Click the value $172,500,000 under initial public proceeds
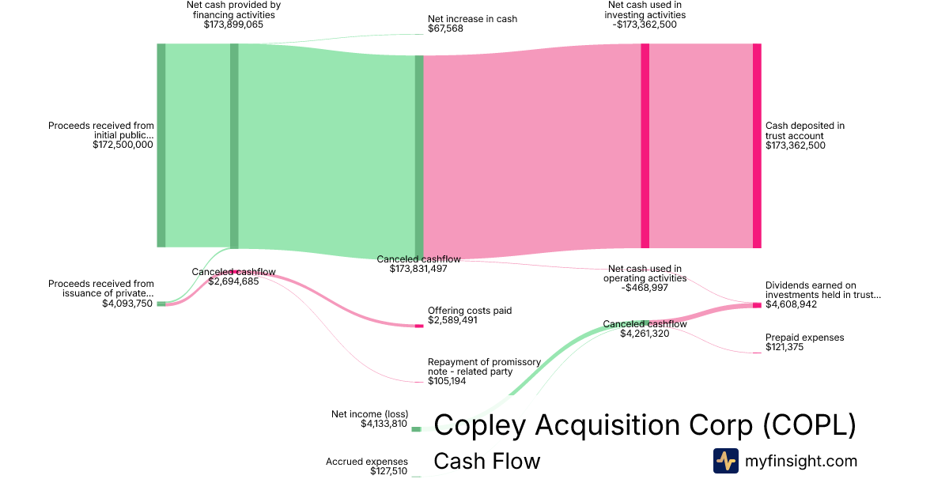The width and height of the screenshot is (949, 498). [x=123, y=145]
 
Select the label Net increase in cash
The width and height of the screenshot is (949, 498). [x=472, y=18]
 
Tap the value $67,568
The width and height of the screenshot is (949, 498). [x=445, y=28]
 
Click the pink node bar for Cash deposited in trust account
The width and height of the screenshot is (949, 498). [x=757, y=145]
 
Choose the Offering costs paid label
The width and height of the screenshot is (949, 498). [x=469, y=311]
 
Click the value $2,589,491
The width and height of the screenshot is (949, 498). [x=453, y=321]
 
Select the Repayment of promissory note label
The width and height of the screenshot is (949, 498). [x=484, y=367]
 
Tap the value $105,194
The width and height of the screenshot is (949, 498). [x=447, y=381]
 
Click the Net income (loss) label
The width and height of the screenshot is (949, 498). [x=369, y=413]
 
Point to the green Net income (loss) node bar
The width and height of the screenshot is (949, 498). [x=416, y=429]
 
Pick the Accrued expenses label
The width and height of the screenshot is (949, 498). [x=367, y=462]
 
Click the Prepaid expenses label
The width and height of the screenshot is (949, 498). [x=804, y=338]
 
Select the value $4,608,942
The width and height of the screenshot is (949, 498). [x=791, y=304]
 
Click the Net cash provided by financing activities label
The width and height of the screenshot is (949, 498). [x=233, y=9]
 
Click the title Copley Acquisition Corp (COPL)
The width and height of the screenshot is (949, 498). [x=645, y=425]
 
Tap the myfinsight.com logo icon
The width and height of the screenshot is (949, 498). [x=725, y=461]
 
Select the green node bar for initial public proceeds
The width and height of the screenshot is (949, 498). [x=161, y=145]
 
